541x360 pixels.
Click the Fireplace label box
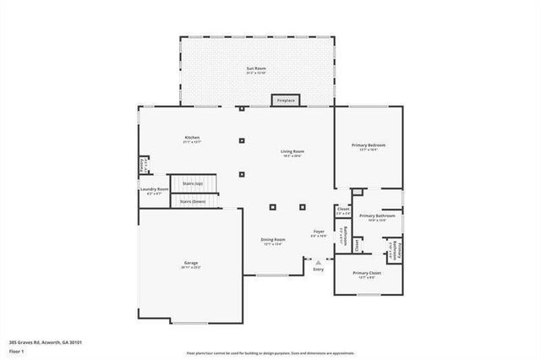click(286, 101)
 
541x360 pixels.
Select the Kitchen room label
click(192, 138)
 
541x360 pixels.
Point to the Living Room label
click(292, 152)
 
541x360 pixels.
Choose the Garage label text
click(191, 264)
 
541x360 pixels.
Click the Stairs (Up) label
click(193, 183)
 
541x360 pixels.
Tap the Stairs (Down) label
click(193, 202)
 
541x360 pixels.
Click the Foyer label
click(319, 232)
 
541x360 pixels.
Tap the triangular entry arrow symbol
click(319, 263)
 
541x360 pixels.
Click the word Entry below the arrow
click(319, 270)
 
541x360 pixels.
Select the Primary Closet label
click(367, 273)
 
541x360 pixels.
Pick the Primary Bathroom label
click(377, 216)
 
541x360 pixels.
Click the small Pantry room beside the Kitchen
click(144, 165)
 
